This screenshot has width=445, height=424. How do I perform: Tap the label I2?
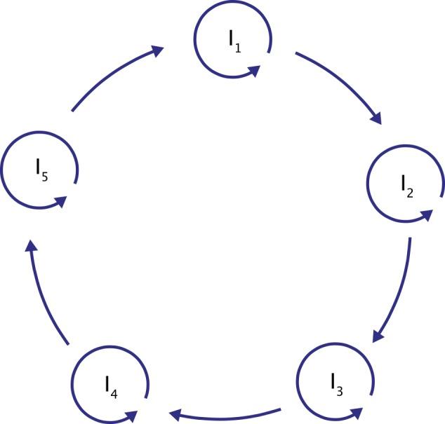407,185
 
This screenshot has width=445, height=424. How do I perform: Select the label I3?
338,383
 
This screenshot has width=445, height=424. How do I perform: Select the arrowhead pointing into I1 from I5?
157,50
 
